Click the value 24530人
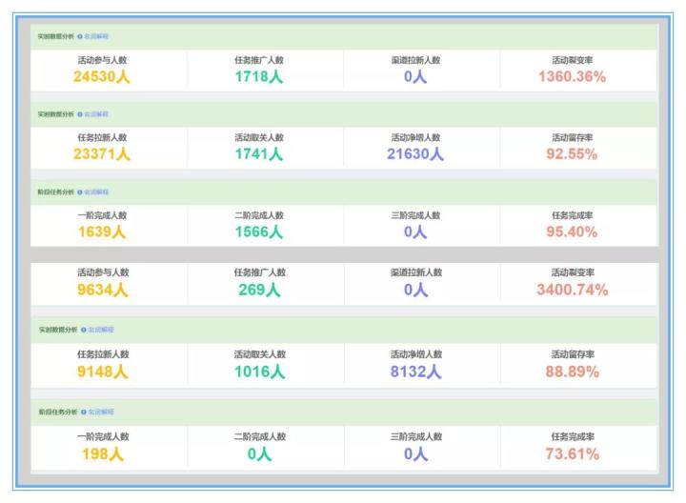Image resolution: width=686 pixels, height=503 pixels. click(x=102, y=77)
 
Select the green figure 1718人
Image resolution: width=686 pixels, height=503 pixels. click(x=259, y=77)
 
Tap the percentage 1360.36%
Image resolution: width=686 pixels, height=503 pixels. click(x=572, y=77)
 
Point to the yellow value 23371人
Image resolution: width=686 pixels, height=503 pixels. click(x=102, y=154)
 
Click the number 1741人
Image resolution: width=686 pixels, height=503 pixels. click(x=259, y=154)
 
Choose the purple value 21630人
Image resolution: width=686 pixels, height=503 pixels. click(x=415, y=154)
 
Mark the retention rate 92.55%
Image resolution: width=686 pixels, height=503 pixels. click(x=572, y=154)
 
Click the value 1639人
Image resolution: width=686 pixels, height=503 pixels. click(x=102, y=231)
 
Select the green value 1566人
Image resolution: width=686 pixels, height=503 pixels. click(x=259, y=231)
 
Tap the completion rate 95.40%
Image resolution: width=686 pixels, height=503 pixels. click(x=572, y=231)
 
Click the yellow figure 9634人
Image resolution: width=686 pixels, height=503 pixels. click(x=102, y=290)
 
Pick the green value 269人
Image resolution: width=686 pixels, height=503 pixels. click(x=259, y=290)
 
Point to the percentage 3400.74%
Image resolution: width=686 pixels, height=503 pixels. click(x=572, y=290)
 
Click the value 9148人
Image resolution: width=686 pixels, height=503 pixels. click(x=102, y=372)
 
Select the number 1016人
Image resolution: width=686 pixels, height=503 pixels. click(x=259, y=372)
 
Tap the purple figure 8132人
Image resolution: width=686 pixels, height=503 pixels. click(x=415, y=372)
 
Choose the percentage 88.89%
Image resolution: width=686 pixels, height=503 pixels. click(x=572, y=372)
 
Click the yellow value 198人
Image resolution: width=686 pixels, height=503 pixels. click(x=102, y=454)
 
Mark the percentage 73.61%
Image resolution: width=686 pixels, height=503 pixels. click(x=572, y=454)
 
